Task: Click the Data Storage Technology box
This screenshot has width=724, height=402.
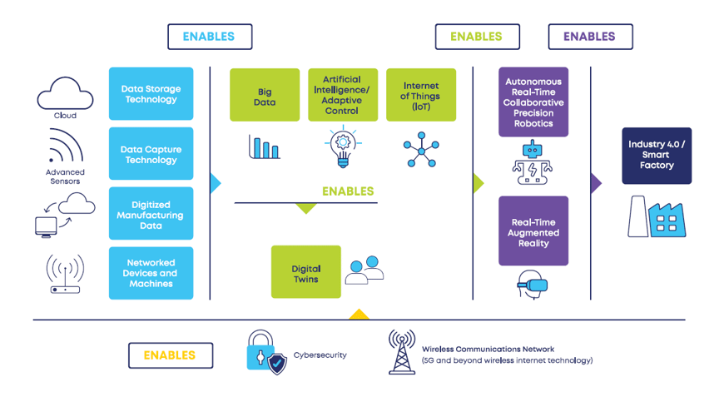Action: tap(151, 94)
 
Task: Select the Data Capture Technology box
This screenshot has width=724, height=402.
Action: tap(151, 154)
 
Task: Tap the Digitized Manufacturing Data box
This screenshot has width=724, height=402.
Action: tap(151, 214)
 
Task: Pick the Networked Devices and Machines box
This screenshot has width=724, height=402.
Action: tap(151, 273)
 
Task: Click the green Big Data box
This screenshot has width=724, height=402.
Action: tap(265, 95)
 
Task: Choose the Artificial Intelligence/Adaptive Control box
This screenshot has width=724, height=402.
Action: tap(343, 95)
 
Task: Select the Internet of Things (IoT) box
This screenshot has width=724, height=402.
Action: tap(421, 95)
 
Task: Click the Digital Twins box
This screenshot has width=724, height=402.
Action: tap(306, 272)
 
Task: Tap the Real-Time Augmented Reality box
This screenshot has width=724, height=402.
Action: tap(533, 231)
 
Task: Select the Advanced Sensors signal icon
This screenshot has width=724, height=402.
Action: tap(65, 148)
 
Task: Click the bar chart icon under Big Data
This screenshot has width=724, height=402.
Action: tap(265, 147)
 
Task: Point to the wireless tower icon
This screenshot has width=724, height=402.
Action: tap(402, 352)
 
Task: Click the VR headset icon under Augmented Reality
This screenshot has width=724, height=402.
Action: tap(533, 284)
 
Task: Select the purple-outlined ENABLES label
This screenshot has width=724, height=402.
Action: tap(590, 37)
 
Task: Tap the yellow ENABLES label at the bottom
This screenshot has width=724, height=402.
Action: tap(171, 355)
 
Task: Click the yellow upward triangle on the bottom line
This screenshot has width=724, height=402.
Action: tap(359, 315)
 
